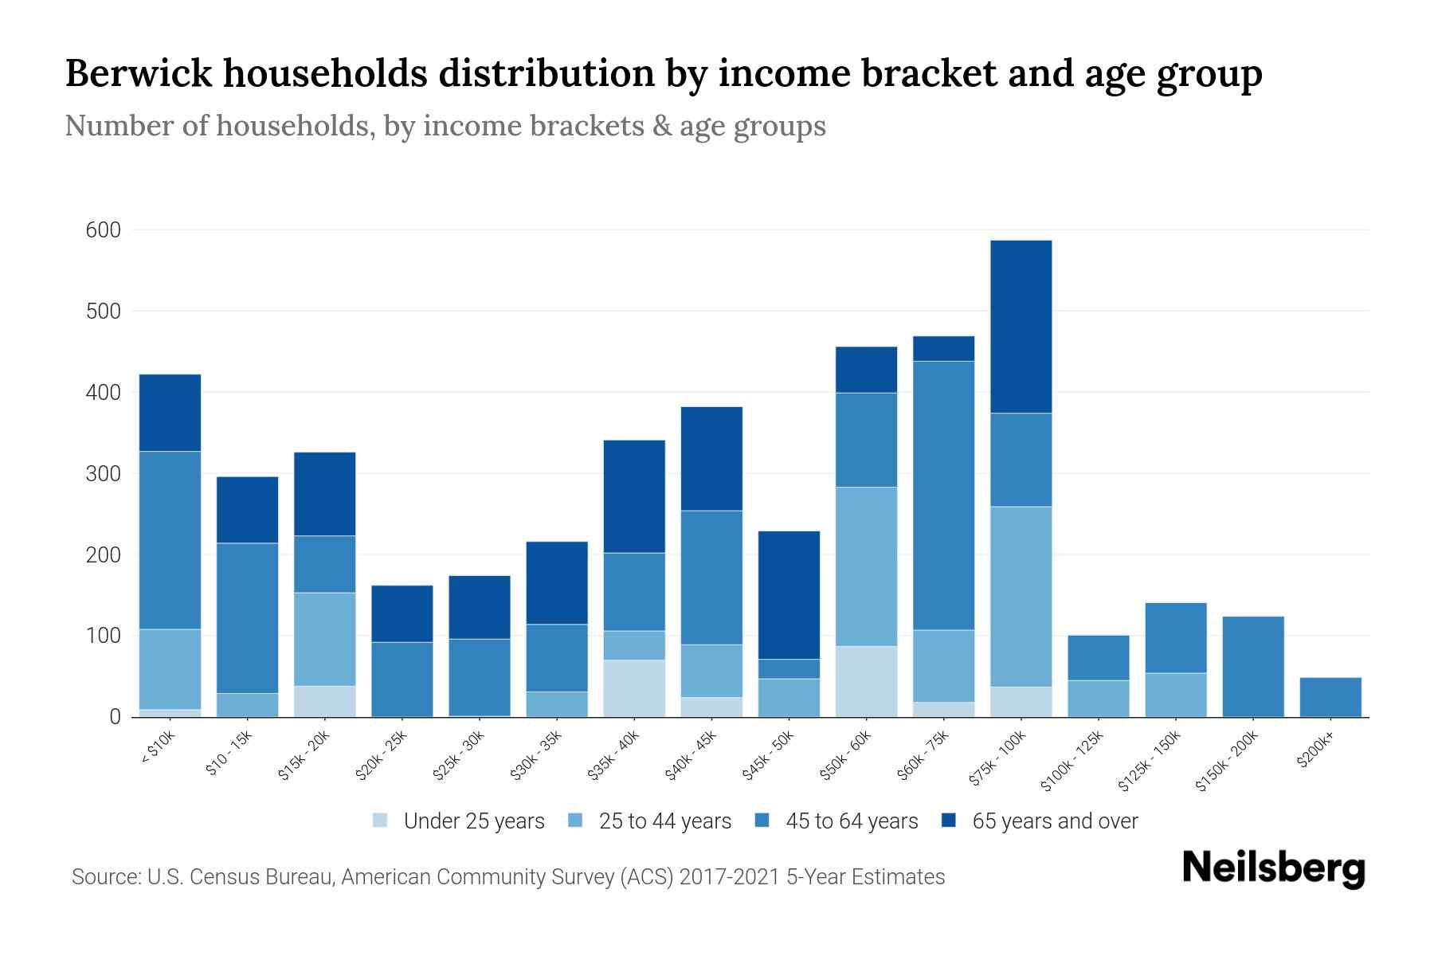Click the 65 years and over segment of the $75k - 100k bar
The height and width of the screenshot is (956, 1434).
coord(1021,327)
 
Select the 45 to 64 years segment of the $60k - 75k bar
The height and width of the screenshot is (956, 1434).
coord(943,496)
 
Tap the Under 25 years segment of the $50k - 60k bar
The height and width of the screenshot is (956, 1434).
coord(866,681)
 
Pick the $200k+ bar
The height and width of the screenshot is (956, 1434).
coord(1330,697)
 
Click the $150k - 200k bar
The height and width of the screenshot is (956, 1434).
coord(1252,667)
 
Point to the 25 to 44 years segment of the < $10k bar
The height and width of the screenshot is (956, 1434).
coord(170,669)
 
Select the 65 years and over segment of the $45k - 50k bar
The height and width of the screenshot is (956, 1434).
coord(789,595)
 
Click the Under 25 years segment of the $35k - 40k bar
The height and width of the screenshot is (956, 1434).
coord(634,688)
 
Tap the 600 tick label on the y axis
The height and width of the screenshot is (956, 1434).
coord(103,231)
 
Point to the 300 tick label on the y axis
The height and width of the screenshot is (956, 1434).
coord(103,474)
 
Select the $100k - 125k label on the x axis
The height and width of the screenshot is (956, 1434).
coord(1072,762)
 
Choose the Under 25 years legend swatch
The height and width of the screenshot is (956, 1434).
coord(381,821)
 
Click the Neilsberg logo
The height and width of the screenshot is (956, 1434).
coord(1273,869)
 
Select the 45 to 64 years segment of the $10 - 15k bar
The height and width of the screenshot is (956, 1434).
coord(247,618)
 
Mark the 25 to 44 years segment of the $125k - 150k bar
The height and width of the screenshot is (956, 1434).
coord(1175,695)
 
